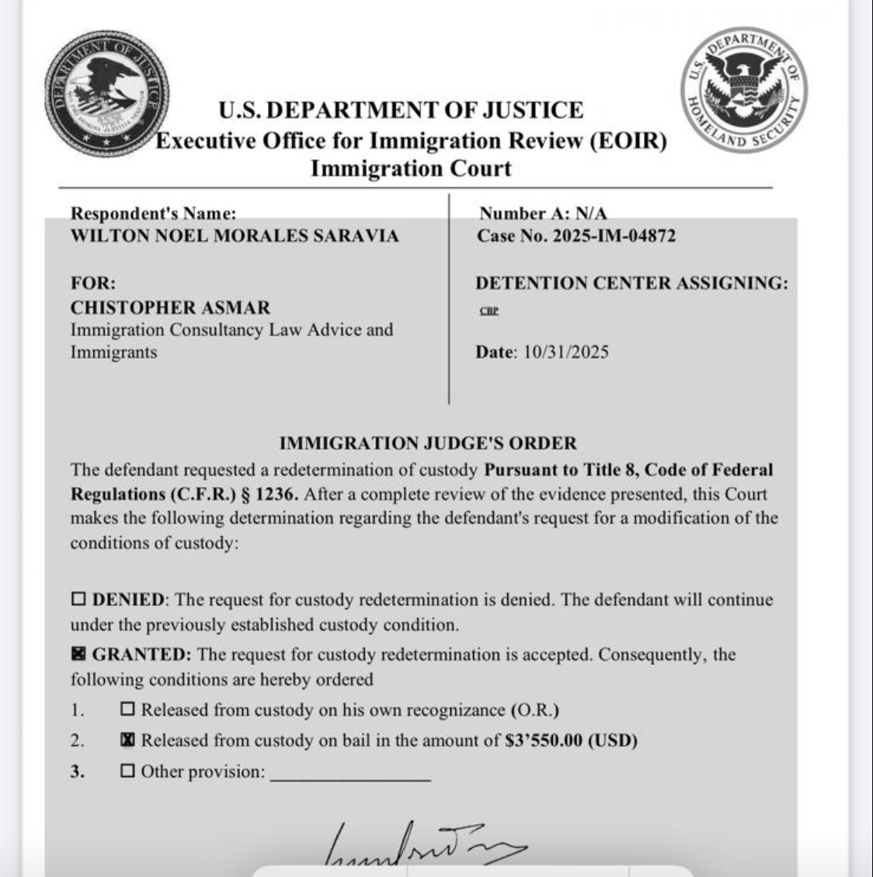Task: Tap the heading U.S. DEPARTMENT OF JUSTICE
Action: pyautogui.click(x=400, y=110)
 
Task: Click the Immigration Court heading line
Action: pyautogui.click(x=411, y=169)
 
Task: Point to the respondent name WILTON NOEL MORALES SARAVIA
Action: pyautogui.click(x=235, y=236)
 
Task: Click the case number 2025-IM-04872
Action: pyautogui.click(x=614, y=236)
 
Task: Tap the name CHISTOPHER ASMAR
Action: pyautogui.click(x=170, y=308)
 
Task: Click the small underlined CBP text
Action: pyautogui.click(x=489, y=311)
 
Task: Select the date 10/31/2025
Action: pyautogui.click(x=565, y=352)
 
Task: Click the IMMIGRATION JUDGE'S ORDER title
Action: pyautogui.click(x=428, y=444)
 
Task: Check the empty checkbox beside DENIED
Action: pyautogui.click(x=78, y=600)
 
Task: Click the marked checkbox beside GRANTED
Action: pyautogui.click(x=78, y=654)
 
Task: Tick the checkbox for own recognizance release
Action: pyautogui.click(x=128, y=709)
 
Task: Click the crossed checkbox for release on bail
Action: pyautogui.click(x=128, y=740)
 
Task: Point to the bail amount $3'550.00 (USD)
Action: pyautogui.click(x=571, y=740)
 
